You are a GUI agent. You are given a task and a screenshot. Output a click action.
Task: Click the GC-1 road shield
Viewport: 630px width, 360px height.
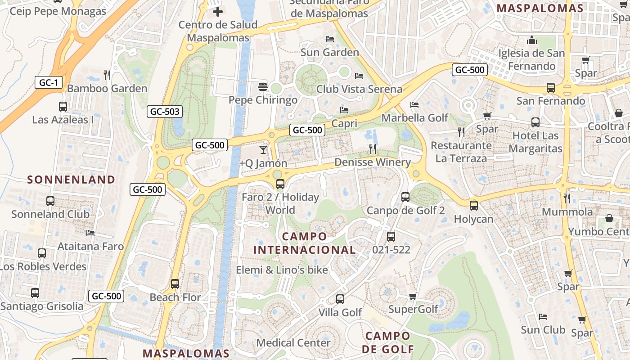(x=48, y=82)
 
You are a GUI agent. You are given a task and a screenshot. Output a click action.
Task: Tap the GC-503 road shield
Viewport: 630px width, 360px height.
(x=165, y=112)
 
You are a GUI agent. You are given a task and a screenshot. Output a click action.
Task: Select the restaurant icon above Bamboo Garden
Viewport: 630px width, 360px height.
(x=107, y=74)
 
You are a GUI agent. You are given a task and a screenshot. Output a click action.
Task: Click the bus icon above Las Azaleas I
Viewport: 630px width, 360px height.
(x=63, y=107)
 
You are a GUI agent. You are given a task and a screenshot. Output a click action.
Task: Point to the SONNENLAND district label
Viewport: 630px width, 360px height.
(x=71, y=180)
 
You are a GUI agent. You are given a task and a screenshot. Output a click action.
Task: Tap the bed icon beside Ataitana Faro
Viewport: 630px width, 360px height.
(x=90, y=233)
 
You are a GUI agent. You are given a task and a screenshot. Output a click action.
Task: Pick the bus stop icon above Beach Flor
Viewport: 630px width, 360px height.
(x=175, y=284)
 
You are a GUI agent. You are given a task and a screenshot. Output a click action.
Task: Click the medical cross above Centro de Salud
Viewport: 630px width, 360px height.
(x=218, y=12)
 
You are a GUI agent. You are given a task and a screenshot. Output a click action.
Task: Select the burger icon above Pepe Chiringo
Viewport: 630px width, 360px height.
(x=263, y=86)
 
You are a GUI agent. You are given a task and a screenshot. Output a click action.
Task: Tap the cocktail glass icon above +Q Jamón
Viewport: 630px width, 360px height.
(x=263, y=149)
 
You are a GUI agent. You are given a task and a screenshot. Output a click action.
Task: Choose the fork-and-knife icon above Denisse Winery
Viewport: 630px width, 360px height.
(x=373, y=148)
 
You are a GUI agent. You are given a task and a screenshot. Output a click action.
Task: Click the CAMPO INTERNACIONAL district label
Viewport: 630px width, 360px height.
(x=305, y=243)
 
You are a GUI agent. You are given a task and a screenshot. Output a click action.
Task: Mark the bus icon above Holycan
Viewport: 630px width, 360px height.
(x=473, y=206)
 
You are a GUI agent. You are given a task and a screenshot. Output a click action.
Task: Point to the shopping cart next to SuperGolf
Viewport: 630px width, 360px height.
(x=413, y=296)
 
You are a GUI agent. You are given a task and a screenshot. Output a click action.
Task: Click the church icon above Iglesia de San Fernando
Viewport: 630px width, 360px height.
(x=532, y=40)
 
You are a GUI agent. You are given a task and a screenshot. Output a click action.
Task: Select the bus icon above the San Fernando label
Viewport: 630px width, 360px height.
(x=550, y=88)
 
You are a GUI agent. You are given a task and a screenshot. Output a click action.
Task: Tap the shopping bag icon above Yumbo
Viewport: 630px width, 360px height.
(x=609, y=218)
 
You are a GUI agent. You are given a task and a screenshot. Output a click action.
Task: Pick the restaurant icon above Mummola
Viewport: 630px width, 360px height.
(x=567, y=198)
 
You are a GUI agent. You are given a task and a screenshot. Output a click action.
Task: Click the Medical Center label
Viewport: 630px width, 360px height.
(x=293, y=343)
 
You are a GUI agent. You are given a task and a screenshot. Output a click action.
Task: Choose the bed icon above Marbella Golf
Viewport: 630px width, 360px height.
(x=414, y=104)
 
